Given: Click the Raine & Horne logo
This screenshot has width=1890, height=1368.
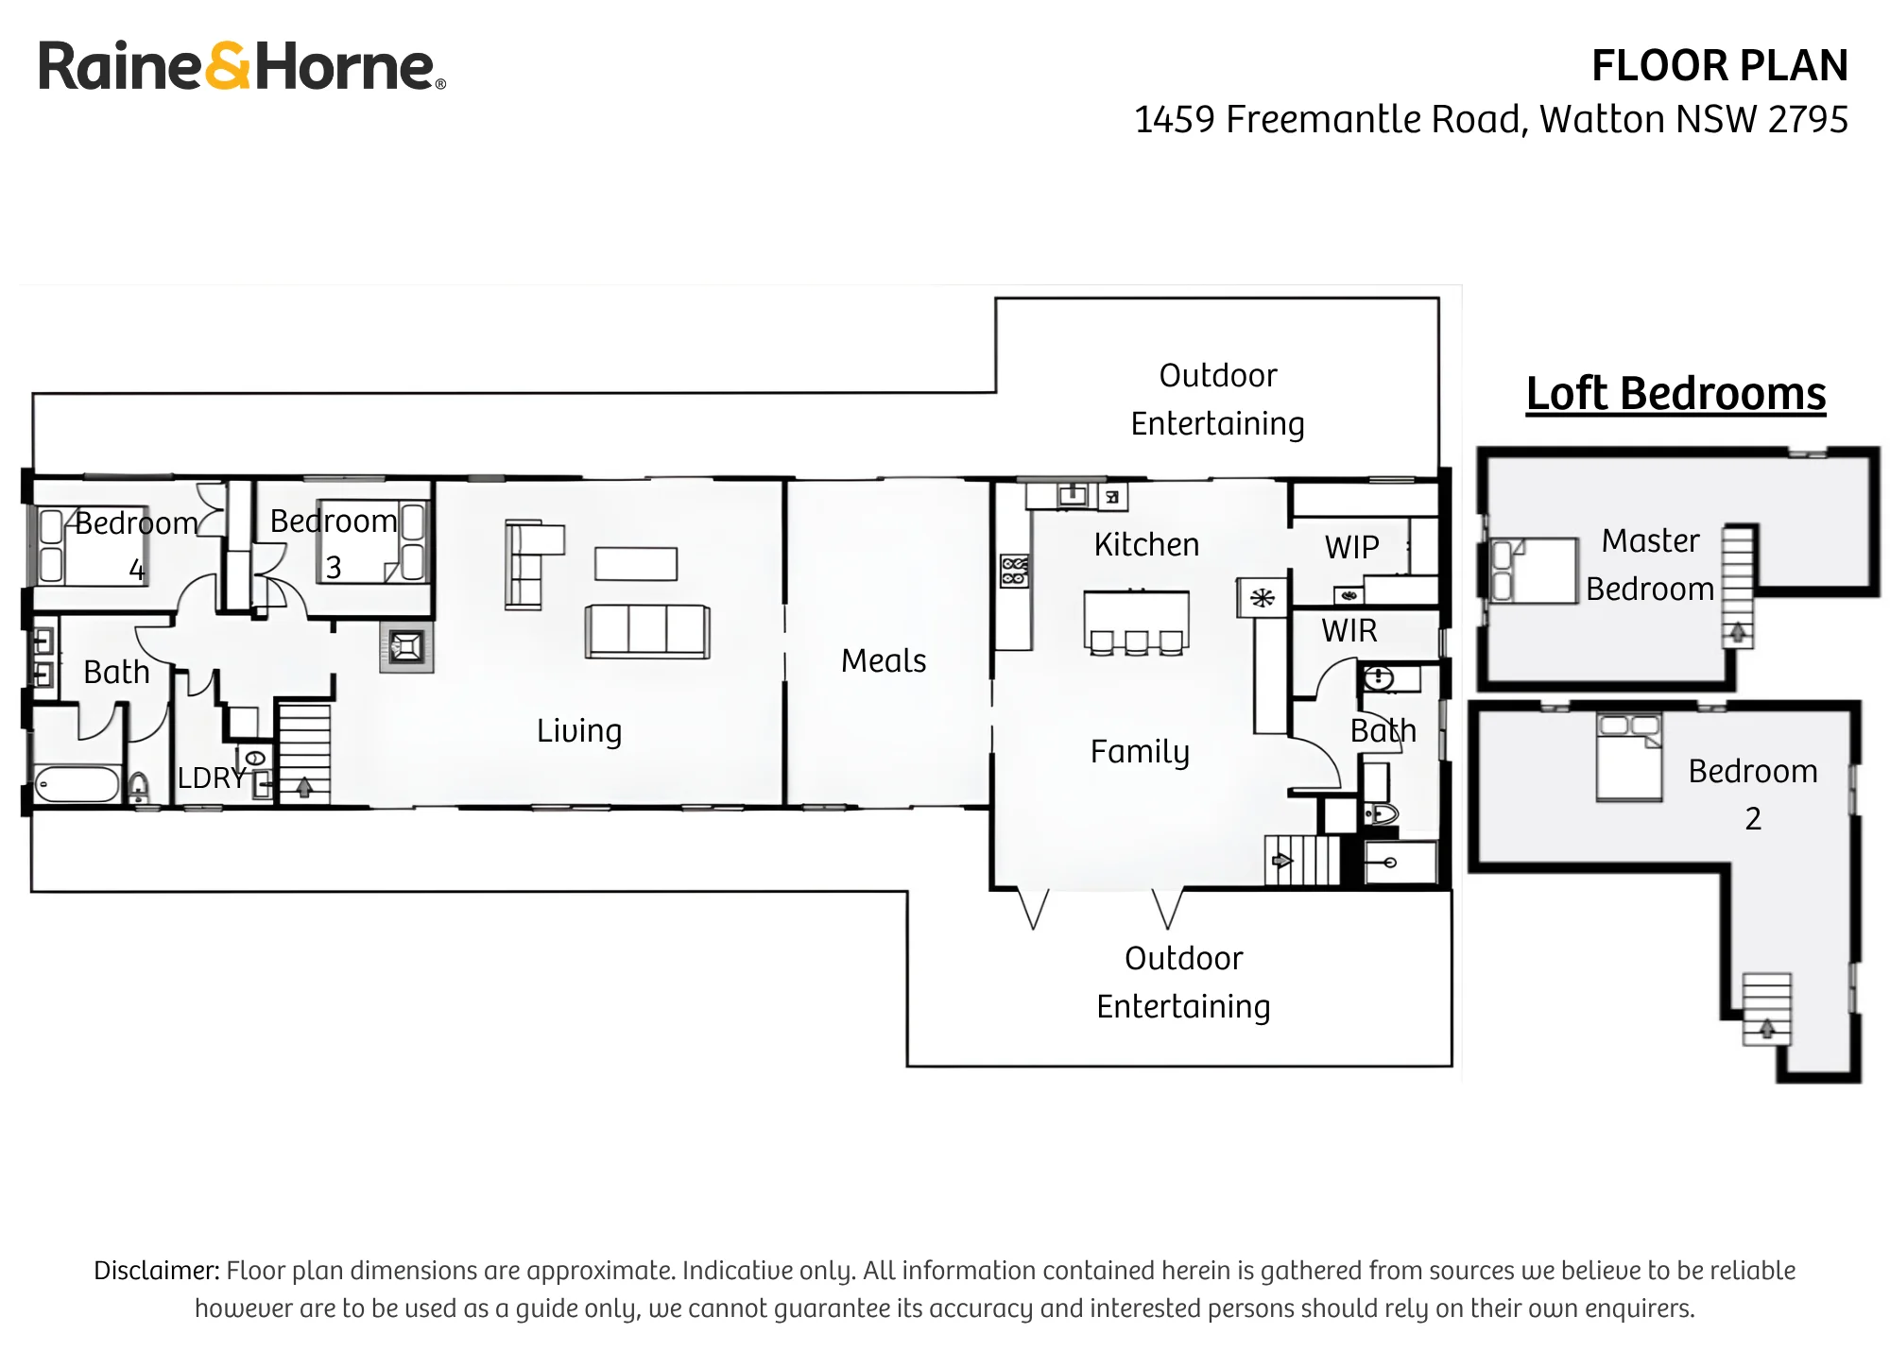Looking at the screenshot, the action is click(x=242, y=66).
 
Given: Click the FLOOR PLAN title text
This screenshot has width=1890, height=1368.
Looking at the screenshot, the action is click(x=1719, y=66).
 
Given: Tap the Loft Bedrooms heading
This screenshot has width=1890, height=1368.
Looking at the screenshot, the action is click(x=1675, y=394).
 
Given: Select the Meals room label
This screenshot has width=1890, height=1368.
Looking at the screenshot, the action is click(x=884, y=660).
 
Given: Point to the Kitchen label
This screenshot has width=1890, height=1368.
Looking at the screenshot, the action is click(x=1146, y=544).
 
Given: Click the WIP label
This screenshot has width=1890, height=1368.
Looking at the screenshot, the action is click(x=1351, y=547).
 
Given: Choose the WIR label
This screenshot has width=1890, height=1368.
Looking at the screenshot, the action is click(x=1349, y=630).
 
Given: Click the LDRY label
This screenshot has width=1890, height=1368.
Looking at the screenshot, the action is click(x=212, y=778).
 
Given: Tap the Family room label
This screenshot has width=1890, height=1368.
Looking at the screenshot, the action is click(x=1140, y=752).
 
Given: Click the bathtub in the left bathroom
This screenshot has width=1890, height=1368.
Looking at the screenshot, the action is click(x=77, y=784).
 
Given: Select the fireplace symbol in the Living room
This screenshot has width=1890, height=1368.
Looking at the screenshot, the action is click(x=407, y=647).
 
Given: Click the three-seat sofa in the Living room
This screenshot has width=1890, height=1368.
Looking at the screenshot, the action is click(x=647, y=631).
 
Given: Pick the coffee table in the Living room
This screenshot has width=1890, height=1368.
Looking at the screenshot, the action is click(x=636, y=564).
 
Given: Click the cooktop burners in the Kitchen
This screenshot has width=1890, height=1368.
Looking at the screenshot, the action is click(x=1014, y=572).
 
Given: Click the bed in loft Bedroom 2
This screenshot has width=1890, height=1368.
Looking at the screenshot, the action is click(x=1629, y=758).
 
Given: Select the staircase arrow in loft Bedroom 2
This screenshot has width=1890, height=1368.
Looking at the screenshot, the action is click(x=1766, y=1030).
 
